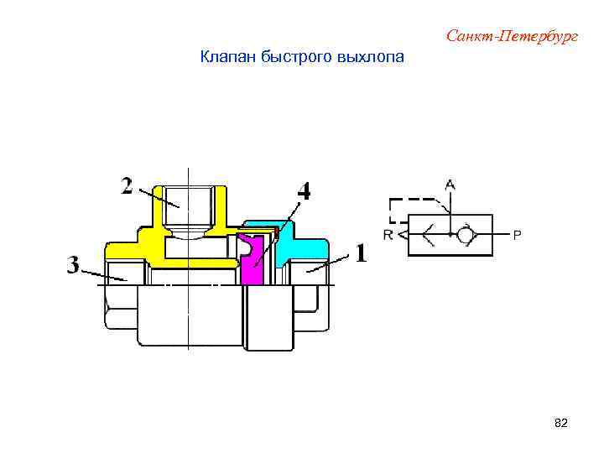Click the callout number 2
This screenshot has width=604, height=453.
click(127, 185)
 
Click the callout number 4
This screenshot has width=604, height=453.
click(303, 192)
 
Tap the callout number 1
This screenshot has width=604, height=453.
click(361, 253)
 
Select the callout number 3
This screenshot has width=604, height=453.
click(74, 266)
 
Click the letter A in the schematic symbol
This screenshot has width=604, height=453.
click(450, 184)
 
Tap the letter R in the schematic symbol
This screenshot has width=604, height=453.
click(388, 235)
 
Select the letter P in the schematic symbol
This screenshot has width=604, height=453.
click(517, 235)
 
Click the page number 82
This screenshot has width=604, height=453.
click(561, 424)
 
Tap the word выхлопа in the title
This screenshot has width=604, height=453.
click(369, 58)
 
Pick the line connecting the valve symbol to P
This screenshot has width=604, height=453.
click(500, 234)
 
